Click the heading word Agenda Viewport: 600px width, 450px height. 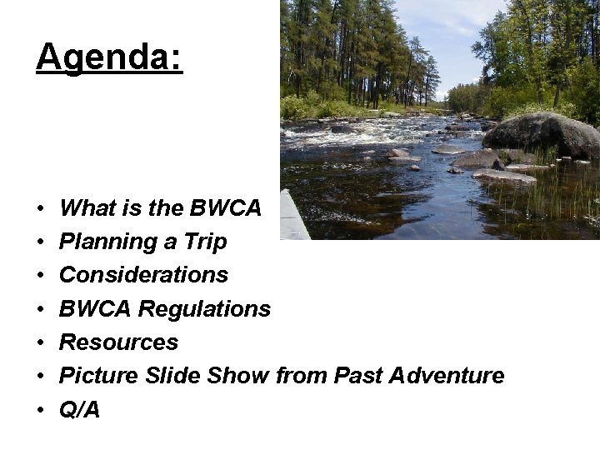click(108, 58)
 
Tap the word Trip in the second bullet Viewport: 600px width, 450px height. click(205, 242)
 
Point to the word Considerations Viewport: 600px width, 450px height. click(143, 275)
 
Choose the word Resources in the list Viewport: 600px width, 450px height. click(118, 342)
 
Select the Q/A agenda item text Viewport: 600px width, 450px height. click(79, 409)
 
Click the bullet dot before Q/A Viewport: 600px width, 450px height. click(40, 410)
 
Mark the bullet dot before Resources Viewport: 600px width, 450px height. click(40, 343)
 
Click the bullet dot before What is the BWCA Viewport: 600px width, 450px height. click(40, 208)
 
